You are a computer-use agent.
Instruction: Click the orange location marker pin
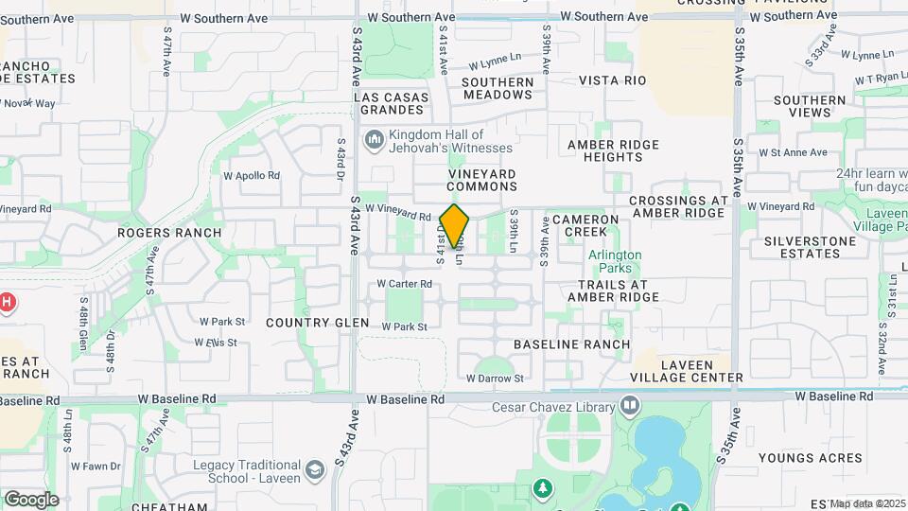[x=455, y=226]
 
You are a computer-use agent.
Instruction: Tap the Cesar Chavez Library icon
[x=630, y=408]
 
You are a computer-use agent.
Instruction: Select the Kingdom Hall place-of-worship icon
[x=375, y=141]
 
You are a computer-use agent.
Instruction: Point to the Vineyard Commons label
[x=482, y=180]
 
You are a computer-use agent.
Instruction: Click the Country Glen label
[x=317, y=323]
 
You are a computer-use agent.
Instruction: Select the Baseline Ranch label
[x=571, y=344]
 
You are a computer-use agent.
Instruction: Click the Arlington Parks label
[x=615, y=262]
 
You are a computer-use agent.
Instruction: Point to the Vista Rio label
[x=612, y=80]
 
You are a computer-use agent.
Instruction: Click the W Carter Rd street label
[x=404, y=284]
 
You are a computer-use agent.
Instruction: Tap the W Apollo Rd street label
[x=252, y=176]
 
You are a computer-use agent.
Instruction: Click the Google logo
[x=31, y=500]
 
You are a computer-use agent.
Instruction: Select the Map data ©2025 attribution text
[x=867, y=503]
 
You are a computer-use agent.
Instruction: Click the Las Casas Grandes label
[x=392, y=104]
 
